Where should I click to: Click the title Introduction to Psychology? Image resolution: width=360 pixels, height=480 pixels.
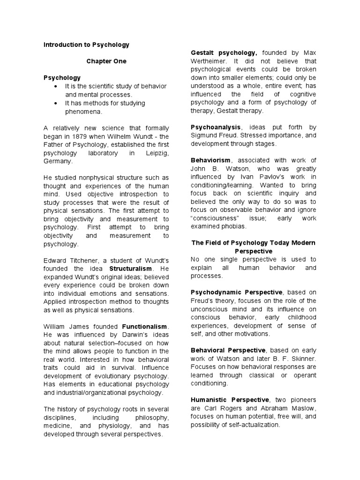[x=86, y=45]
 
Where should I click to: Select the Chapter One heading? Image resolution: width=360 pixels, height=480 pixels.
[x=106, y=61]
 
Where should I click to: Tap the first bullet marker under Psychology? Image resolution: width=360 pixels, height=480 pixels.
[x=56, y=87]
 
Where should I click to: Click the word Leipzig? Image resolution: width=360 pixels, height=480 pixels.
[x=155, y=153]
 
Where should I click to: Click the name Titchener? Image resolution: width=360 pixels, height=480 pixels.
[x=84, y=260]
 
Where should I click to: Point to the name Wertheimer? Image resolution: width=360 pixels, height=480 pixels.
[x=209, y=61]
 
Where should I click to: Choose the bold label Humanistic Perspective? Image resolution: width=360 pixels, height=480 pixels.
[x=230, y=400]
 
